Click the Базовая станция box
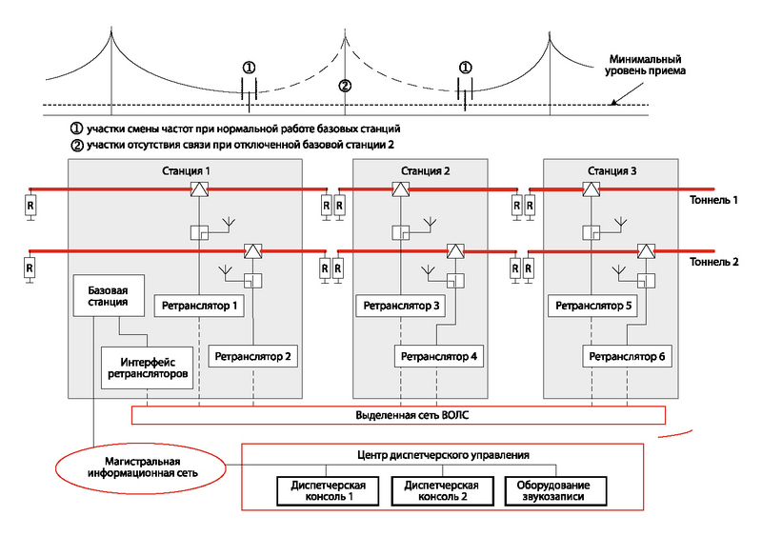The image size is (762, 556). (x=109, y=296)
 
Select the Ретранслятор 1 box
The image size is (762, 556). (x=199, y=306)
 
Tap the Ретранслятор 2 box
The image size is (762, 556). (x=252, y=356)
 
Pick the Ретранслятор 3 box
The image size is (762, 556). (x=400, y=306)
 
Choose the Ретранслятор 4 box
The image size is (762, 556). (x=439, y=356)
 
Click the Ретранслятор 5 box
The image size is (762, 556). (x=592, y=306)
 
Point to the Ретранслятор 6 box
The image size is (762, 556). (x=627, y=356)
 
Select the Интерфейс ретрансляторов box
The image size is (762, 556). (x=148, y=368)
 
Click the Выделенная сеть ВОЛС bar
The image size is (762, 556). (x=398, y=415)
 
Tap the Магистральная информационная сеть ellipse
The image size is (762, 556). (x=140, y=468)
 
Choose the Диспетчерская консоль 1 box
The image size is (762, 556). (x=328, y=491)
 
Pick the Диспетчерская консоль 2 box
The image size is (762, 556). (x=442, y=491)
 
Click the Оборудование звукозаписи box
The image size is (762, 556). (x=555, y=491)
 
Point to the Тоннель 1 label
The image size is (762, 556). (x=713, y=200)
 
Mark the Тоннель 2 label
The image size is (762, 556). (x=713, y=262)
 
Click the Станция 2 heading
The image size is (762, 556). (x=425, y=171)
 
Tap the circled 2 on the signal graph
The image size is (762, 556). (x=345, y=86)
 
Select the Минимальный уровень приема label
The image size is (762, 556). (x=645, y=65)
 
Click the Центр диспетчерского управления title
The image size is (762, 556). (x=443, y=455)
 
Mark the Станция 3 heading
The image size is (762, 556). (x=612, y=171)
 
